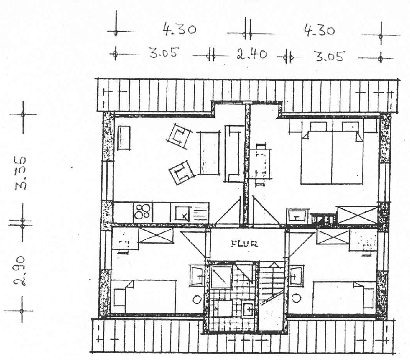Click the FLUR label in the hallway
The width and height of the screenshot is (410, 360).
245,244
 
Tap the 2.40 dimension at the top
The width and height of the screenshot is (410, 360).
252,55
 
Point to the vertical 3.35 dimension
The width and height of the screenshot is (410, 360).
21,173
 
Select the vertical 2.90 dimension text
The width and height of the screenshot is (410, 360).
19,271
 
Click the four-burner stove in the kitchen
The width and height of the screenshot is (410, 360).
143,212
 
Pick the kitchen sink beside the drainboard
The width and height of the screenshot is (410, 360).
181,213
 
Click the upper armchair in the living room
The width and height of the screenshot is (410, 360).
180,136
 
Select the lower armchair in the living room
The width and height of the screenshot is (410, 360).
181,172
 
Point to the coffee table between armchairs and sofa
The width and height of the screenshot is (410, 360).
208,153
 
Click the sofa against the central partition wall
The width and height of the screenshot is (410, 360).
234,154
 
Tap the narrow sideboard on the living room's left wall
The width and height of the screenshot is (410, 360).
124,138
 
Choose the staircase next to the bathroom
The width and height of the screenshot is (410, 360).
271,296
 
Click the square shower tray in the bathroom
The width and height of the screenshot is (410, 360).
221,277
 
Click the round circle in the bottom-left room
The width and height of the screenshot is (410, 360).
197,299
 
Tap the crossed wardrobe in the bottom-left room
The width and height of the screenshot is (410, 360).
156,236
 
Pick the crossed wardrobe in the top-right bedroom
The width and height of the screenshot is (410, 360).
357,216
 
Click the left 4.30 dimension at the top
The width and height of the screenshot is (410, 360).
180,29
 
